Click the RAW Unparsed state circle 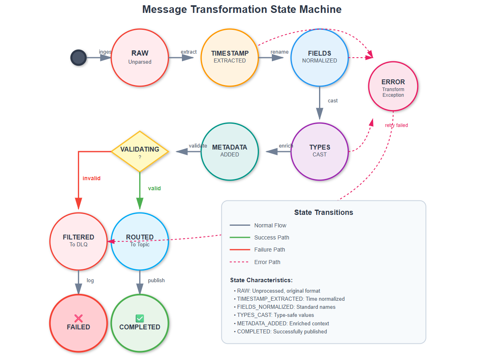click(x=140, y=57)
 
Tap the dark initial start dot click(x=78, y=58)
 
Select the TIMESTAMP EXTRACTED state click(x=229, y=57)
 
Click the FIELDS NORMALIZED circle click(x=319, y=57)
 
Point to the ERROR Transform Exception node click(x=393, y=86)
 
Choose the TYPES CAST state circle click(x=319, y=151)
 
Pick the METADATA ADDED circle click(x=229, y=151)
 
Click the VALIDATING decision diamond click(x=140, y=151)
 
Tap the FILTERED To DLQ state click(x=78, y=241)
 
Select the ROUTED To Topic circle click(x=140, y=241)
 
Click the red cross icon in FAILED click(x=78, y=318)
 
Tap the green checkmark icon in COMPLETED click(x=140, y=318)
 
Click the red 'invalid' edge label click(x=92, y=178)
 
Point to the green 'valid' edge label click(x=154, y=188)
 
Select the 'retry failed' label click(x=396, y=125)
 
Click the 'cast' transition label click(x=333, y=101)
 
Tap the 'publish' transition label click(x=156, y=281)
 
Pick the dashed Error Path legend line click(x=240, y=262)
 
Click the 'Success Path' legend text click(x=271, y=237)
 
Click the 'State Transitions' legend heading click(x=323, y=212)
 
